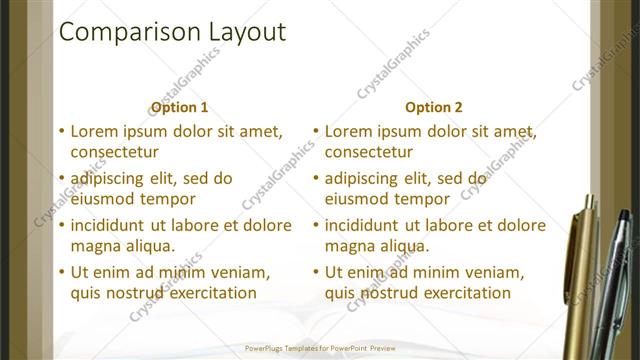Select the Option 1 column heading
point(179,107)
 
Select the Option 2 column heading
point(435,107)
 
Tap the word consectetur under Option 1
point(115,152)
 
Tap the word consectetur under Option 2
point(369,152)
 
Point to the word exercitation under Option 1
point(207,293)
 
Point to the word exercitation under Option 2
point(461,293)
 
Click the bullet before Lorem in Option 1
point(62,131)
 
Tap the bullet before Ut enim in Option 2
point(316,272)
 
